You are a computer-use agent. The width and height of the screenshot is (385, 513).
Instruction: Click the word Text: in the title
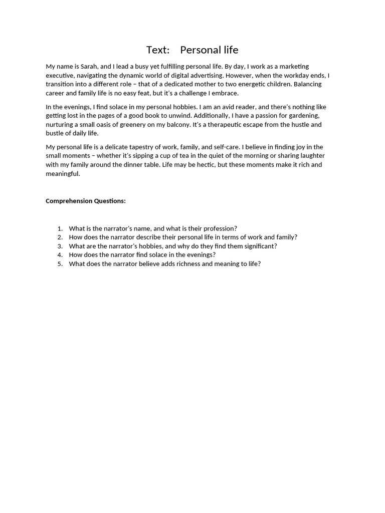[158, 50]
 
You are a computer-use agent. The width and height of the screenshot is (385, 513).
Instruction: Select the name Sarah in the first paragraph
[90, 67]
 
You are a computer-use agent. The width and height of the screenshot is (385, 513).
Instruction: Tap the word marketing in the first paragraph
[293, 67]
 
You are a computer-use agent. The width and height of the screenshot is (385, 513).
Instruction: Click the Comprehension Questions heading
[86, 201]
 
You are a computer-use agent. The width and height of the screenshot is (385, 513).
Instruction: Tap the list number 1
[60, 228]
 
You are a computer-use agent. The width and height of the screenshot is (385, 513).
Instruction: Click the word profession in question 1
[219, 228]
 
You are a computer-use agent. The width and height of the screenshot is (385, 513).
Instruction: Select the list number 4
[60, 255]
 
